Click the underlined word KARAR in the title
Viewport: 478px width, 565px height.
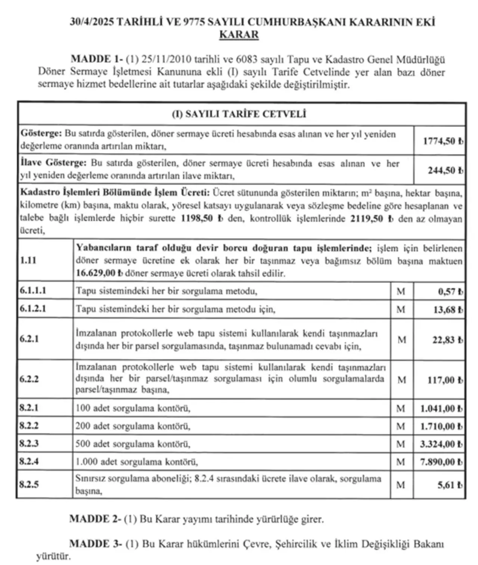coord(239,35)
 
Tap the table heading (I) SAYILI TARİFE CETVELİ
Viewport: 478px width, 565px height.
coord(239,114)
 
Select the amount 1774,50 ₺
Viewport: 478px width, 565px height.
coord(443,141)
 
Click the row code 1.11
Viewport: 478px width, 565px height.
coord(28,260)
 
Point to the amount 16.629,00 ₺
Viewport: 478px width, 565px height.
coord(99,273)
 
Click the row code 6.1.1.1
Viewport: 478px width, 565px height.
coord(33,291)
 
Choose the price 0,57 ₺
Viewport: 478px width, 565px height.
coord(450,292)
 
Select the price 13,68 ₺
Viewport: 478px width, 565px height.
coord(448,310)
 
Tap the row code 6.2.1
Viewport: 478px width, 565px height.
coord(29,339)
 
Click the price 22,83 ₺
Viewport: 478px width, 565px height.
coord(448,340)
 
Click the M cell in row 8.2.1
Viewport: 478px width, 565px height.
coord(401,409)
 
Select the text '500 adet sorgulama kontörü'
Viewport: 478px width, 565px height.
coord(133,444)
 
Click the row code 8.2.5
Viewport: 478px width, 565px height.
coord(29,485)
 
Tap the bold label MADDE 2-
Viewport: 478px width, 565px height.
coord(95,519)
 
